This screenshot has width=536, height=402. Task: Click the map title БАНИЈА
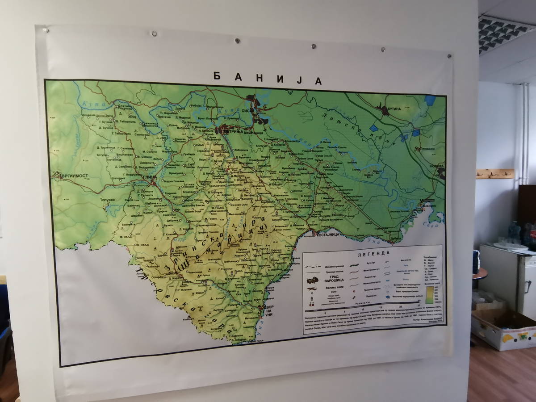(268, 78)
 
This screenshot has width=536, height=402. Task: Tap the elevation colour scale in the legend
(429, 295)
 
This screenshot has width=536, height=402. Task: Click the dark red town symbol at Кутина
(384, 110)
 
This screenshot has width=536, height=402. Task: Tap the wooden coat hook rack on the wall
(495, 173)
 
